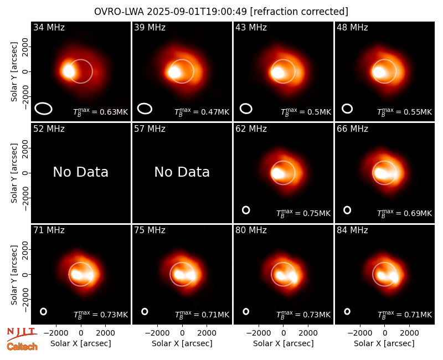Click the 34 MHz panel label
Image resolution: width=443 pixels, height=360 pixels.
[49, 27]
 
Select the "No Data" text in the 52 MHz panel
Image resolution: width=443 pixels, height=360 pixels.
[80, 172]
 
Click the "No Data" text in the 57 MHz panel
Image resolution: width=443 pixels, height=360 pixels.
[182, 172]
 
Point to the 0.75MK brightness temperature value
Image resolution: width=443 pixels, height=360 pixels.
[316, 213]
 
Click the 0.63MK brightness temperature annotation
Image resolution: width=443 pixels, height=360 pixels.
[114, 112]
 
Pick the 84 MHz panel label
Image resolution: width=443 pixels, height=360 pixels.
[352, 230]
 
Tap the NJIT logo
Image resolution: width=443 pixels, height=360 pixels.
[22, 334]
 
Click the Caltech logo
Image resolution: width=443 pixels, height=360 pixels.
[22, 347]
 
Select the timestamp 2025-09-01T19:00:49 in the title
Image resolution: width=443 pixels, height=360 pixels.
[197, 12]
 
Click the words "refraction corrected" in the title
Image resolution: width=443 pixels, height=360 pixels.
[299, 12]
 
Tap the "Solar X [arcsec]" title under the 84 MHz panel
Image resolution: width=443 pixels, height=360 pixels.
[384, 343]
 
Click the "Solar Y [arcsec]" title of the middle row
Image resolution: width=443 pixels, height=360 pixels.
[14, 173]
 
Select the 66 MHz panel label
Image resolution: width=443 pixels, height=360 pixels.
[352, 129]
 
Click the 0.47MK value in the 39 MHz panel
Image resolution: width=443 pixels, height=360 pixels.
[215, 112]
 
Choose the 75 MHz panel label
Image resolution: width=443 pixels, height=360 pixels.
[150, 230]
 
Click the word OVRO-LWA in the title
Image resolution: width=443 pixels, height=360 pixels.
[119, 12]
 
